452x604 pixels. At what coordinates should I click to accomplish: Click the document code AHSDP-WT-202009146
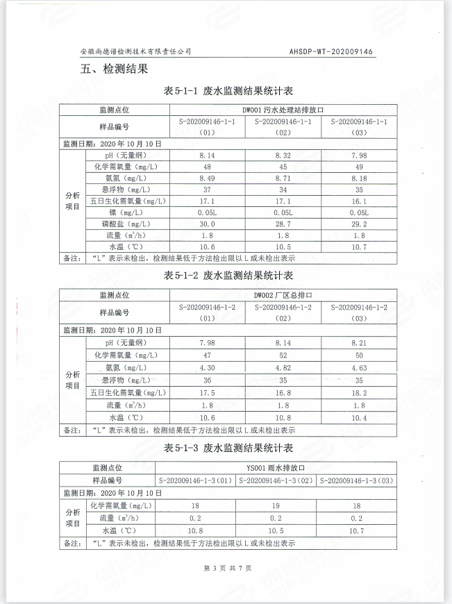[331, 51]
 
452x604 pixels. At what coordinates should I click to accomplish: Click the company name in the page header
[135, 51]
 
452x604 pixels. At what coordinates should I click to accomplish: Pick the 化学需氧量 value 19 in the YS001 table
[276, 505]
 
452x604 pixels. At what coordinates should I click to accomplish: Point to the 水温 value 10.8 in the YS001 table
[196, 530]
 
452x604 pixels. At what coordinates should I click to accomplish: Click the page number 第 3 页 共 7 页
[227, 568]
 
